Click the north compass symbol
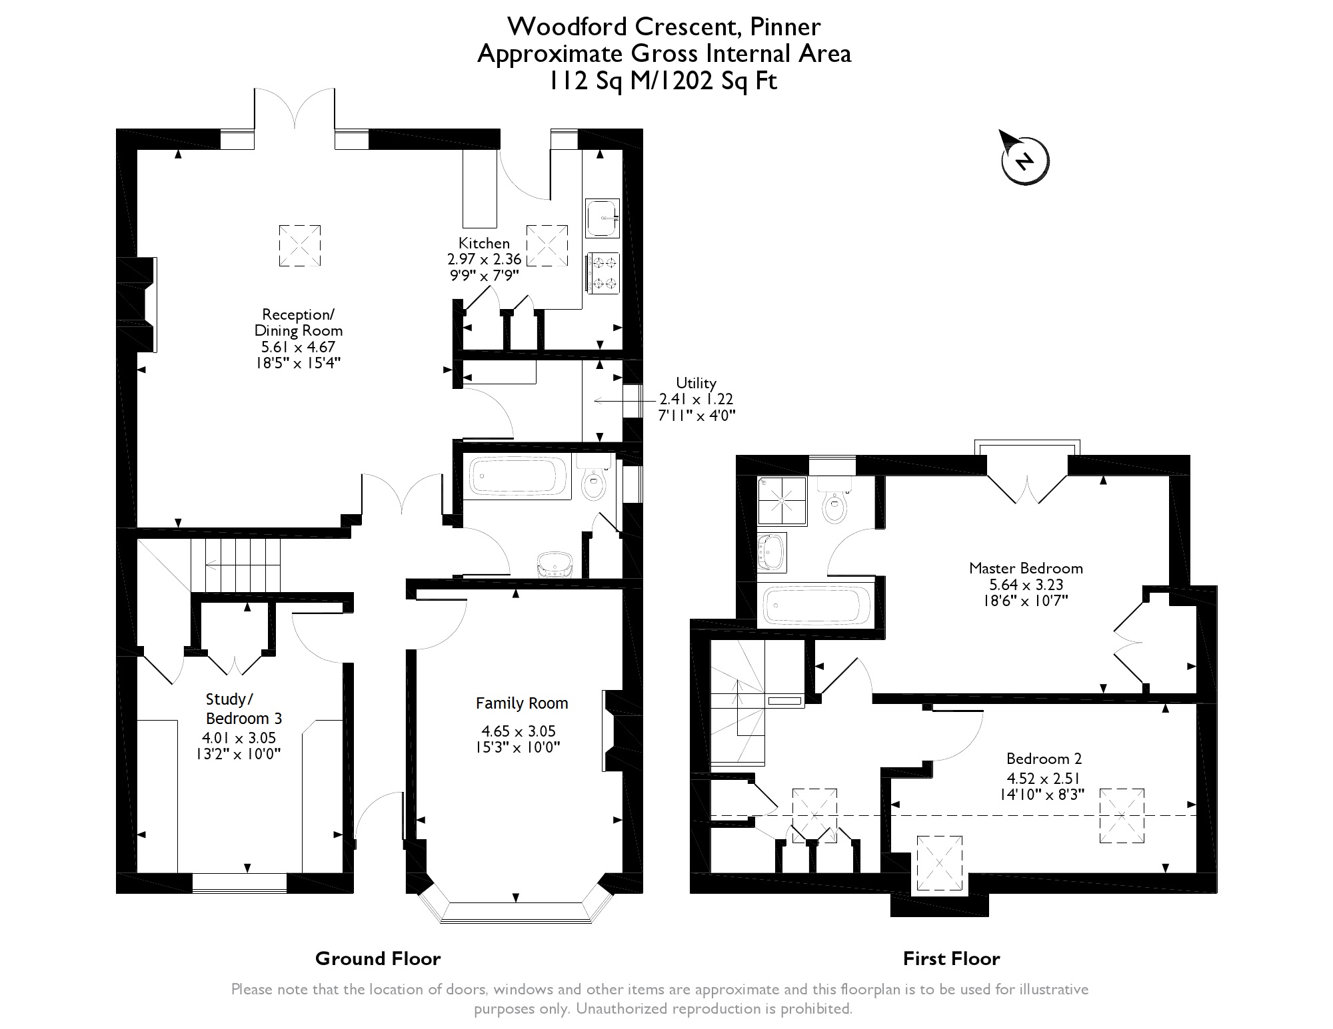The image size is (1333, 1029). (1025, 161)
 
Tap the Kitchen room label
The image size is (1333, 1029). (484, 243)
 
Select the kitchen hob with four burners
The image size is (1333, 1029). (603, 272)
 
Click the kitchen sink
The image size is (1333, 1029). (603, 218)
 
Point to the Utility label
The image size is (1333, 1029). (696, 383)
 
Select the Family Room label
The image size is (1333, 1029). (522, 703)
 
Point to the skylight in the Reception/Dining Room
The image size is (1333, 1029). (299, 245)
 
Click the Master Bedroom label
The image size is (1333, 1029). (1026, 568)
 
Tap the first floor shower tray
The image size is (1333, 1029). (782, 500)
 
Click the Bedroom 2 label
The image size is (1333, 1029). (1044, 759)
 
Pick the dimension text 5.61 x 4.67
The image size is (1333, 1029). (299, 347)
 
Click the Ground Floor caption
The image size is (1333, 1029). (378, 958)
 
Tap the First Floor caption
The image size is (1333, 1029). (951, 958)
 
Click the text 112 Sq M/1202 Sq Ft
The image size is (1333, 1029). (663, 81)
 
